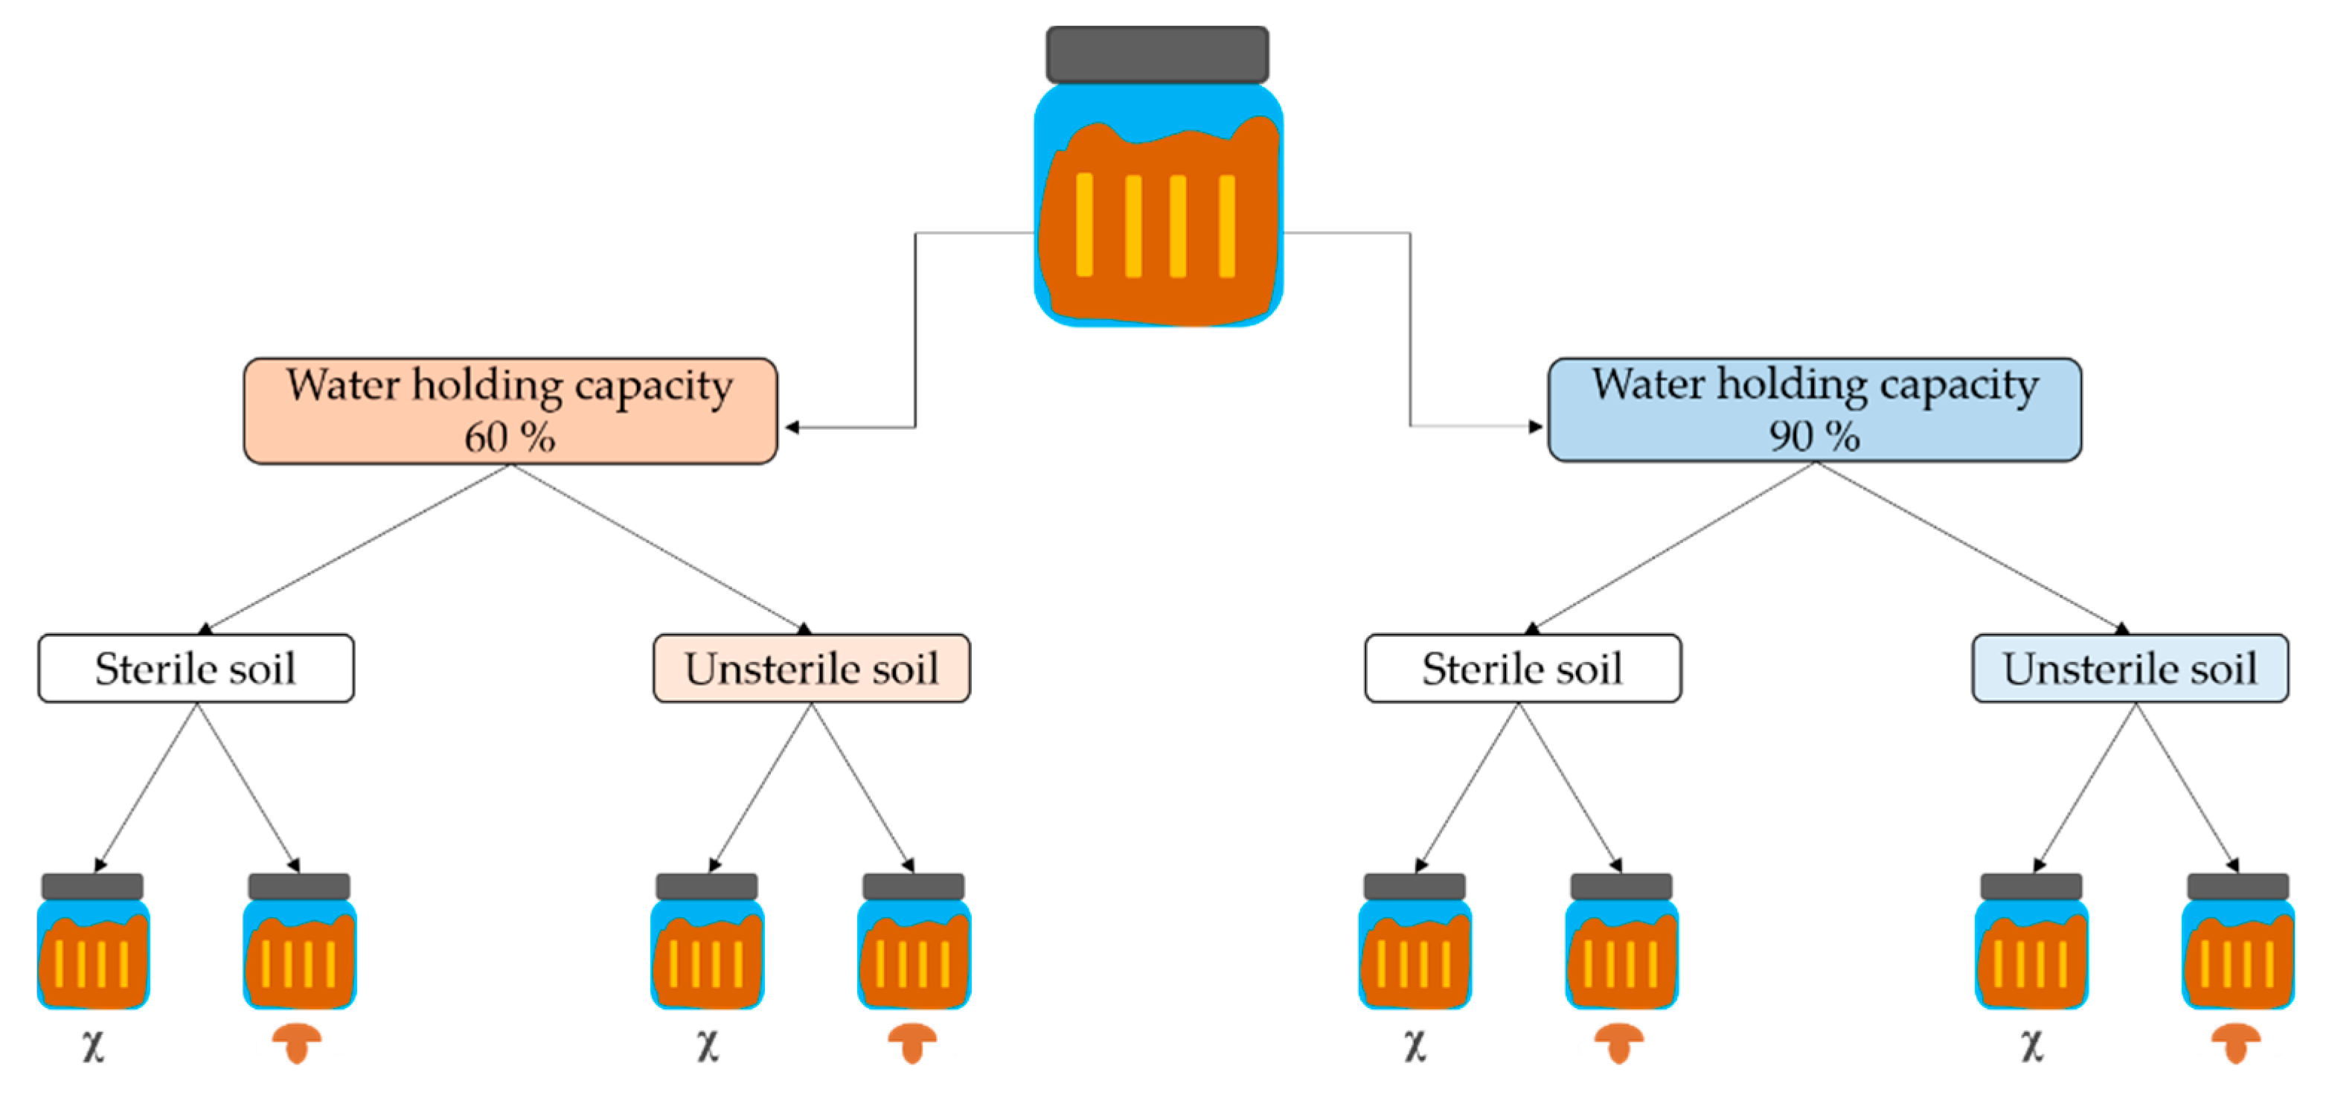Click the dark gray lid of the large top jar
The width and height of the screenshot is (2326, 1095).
pyautogui.click(x=1157, y=54)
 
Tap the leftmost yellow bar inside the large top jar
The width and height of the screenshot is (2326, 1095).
pyautogui.click(x=1084, y=225)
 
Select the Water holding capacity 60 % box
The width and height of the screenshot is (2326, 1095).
pyautogui.click(x=510, y=411)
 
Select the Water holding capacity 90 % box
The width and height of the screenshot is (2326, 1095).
pyautogui.click(x=1814, y=410)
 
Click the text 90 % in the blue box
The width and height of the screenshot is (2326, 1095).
pyautogui.click(x=1814, y=437)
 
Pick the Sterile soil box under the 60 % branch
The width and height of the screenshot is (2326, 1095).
pyautogui.click(x=196, y=668)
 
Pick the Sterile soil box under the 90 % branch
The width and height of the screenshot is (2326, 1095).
pyautogui.click(x=1522, y=668)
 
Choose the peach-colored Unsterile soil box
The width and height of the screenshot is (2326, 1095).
pyautogui.click(x=812, y=668)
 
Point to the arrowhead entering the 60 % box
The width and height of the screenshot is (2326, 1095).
pyautogui.click(x=792, y=427)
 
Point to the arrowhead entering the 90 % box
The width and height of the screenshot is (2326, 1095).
pyautogui.click(x=1535, y=426)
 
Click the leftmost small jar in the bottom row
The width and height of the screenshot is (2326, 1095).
pyautogui.click(x=93, y=943)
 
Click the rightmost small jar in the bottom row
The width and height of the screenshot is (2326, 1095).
pyautogui.click(x=2237, y=943)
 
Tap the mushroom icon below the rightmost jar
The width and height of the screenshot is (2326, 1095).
pyautogui.click(x=2236, y=1044)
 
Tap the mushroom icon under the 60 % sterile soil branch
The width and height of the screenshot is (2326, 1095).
pyautogui.click(x=297, y=1044)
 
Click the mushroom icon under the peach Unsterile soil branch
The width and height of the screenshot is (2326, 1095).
pyautogui.click(x=912, y=1044)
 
